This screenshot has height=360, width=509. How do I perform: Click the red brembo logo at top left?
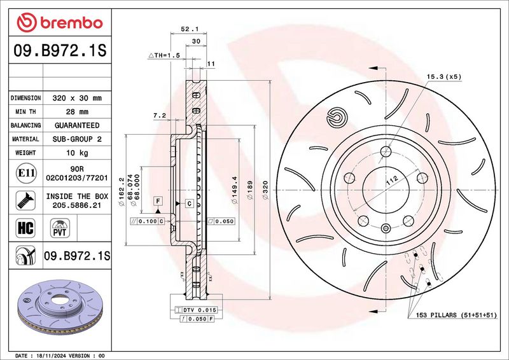pos(60,22)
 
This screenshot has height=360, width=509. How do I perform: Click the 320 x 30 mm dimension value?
pos(77,98)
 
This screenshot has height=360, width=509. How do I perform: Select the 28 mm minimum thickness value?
pos(77,112)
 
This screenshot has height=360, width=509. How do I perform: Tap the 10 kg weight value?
pos(77,153)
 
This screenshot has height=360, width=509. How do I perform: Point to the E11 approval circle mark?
pos(26,173)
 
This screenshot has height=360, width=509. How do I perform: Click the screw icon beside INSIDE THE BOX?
pos(25,200)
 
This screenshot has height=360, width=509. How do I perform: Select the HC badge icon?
pos(25,228)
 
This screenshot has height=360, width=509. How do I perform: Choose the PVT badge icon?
pos(60,228)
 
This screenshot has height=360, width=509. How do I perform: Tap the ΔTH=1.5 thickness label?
pos(164,55)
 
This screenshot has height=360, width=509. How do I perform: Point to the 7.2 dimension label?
pos(160,115)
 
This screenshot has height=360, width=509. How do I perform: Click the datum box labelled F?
pos(158,201)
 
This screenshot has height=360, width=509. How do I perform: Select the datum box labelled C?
pos(190,204)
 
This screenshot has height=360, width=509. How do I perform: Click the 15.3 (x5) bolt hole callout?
pos(443,76)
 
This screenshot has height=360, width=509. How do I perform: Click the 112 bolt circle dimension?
pos(392,181)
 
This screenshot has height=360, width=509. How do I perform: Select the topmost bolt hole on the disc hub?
pos(386,151)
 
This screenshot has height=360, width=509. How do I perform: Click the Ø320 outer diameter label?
pos(265,190)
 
